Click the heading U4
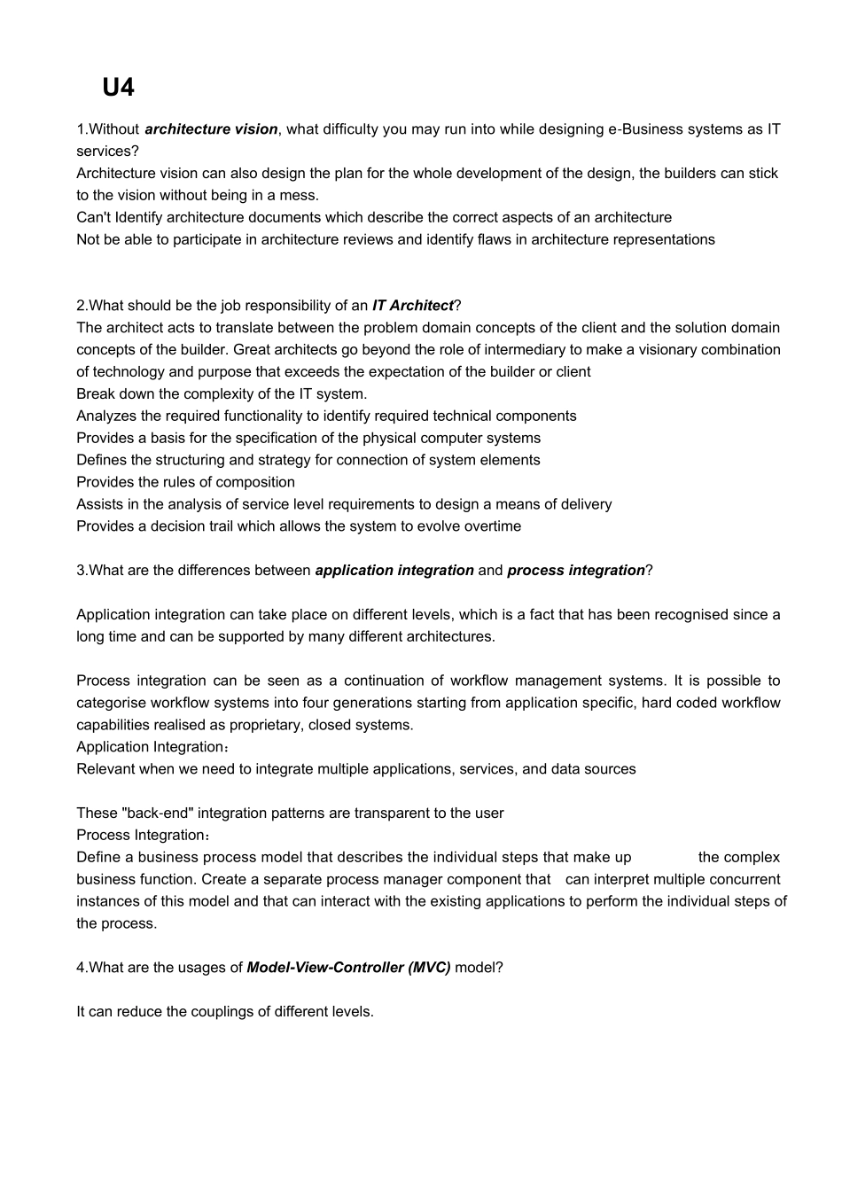point(118,88)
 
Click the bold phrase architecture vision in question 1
point(211,129)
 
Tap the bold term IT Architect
point(412,306)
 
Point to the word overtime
point(493,526)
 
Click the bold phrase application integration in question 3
point(394,571)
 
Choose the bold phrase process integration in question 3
point(576,571)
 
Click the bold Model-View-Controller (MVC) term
point(348,968)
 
